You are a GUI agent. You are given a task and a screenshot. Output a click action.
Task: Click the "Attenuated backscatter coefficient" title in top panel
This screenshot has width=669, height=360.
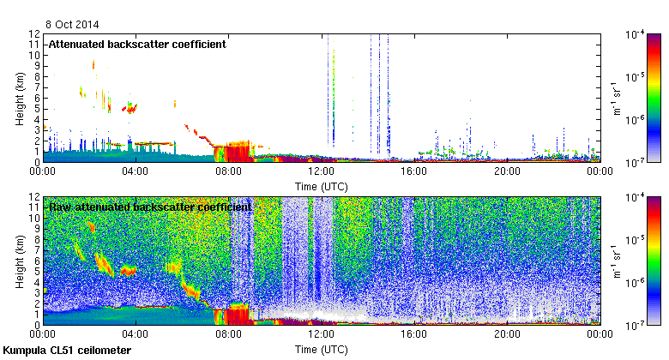pos(137,44)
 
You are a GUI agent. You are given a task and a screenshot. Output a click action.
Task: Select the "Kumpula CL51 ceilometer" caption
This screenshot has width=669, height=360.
pos(68,351)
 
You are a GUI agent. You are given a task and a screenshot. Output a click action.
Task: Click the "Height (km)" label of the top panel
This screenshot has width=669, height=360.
pos(19,98)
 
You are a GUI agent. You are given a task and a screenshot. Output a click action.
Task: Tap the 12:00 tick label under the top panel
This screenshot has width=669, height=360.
pos(321,171)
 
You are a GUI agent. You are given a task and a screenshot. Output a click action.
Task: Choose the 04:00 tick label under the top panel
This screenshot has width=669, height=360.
pos(136,171)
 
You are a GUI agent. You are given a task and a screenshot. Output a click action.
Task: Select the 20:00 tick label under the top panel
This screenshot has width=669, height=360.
pos(506,171)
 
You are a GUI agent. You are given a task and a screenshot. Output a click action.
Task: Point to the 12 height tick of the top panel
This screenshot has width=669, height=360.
pos(34,34)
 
